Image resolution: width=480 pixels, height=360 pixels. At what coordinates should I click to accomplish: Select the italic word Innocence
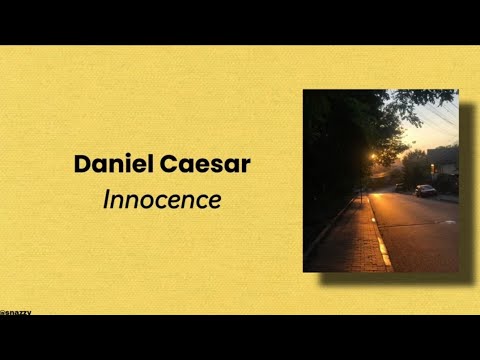click(162, 199)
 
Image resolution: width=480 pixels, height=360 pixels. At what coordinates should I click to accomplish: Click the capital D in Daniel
click(82, 165)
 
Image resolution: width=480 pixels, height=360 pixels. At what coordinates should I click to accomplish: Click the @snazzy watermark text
click(16, 312)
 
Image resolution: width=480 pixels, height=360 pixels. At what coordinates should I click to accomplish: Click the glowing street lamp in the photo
click(373, 157)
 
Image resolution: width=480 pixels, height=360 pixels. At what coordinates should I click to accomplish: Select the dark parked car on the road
click(425, 190)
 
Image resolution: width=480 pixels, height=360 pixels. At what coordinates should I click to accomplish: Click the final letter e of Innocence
click(214, 200)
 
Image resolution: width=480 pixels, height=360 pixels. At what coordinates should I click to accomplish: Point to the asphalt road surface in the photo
click(420, 235)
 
